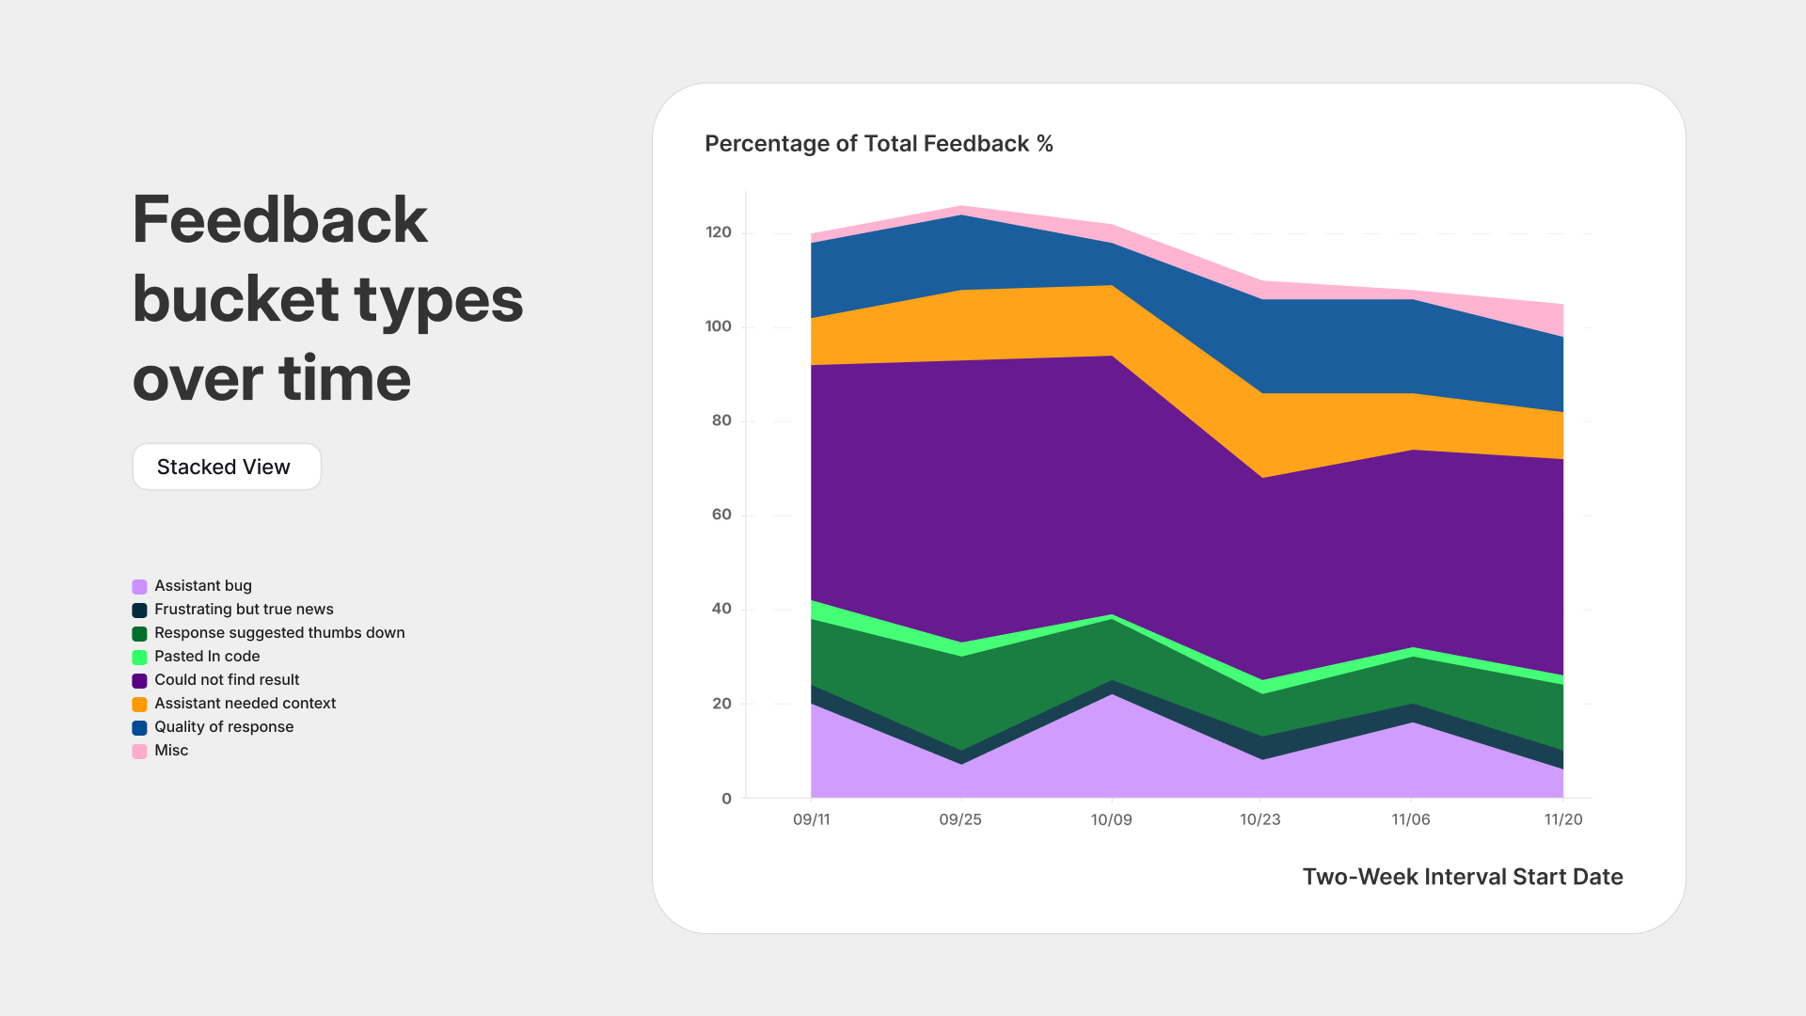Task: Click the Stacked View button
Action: tap(226, 467)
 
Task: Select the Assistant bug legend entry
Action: tap(202, 586)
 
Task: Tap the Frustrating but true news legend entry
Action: tap(243, 610)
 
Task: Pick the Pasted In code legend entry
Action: tap(206, 657)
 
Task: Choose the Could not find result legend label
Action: tap(227, 680)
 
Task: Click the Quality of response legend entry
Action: tap(223, 727)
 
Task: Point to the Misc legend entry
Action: tap(170, 751)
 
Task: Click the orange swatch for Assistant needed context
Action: tap(139, 704)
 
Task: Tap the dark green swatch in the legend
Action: tap(139, 633)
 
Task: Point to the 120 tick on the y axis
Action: tap(719, 232)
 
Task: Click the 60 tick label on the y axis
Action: tap(721, 515)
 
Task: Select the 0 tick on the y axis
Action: tap(726, 799)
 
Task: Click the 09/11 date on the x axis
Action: tap(811, 819)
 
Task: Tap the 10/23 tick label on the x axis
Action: tap(1259, 819)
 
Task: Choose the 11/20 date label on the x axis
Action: tap(1562, 819)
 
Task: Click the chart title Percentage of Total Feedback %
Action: tap(879, 144)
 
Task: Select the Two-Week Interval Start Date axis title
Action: tap(1462, 877)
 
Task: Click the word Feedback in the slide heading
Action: tap(280, 220)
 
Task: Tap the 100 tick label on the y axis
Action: tap(718, 326)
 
